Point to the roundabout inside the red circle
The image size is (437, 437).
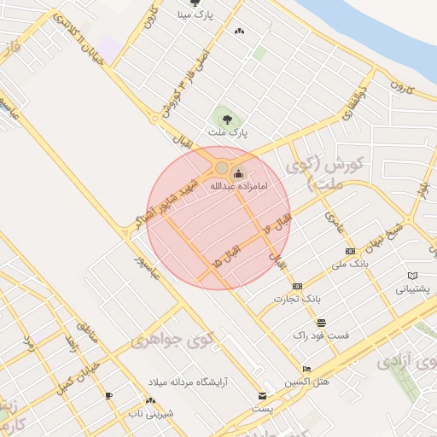(x=222, y=168)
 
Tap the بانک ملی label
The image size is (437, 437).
(x=350, y=264)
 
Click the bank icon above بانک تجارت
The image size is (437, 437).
(x=297, y=286)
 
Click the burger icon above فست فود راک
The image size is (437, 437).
(x=320, y=323)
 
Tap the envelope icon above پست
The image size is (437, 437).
(x=262, y=396)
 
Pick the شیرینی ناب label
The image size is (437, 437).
(x=150, y=413)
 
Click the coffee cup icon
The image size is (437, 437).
(x=108, y=395)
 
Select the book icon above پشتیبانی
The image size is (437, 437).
(x=414, y=276)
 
